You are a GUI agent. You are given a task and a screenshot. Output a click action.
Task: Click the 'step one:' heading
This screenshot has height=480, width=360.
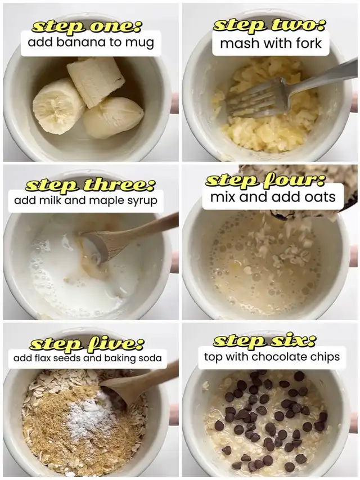[86, 26]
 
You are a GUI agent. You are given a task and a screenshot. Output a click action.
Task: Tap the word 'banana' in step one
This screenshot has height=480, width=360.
[81, 42]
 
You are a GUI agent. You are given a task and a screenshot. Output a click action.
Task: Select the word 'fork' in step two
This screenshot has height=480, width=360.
[309, 43]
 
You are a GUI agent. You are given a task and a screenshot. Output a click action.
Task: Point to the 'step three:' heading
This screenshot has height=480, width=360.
[91, 185]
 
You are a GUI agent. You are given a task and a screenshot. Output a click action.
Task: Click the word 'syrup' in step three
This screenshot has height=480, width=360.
[145, 201]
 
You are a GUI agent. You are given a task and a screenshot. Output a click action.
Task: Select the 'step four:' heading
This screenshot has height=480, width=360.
[265, 180]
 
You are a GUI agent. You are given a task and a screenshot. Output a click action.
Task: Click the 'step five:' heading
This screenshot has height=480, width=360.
[87, 343]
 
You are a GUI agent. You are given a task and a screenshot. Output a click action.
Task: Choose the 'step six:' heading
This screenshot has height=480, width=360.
[265, 340]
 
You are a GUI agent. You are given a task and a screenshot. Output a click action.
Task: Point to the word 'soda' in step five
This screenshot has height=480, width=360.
[150, 357]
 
